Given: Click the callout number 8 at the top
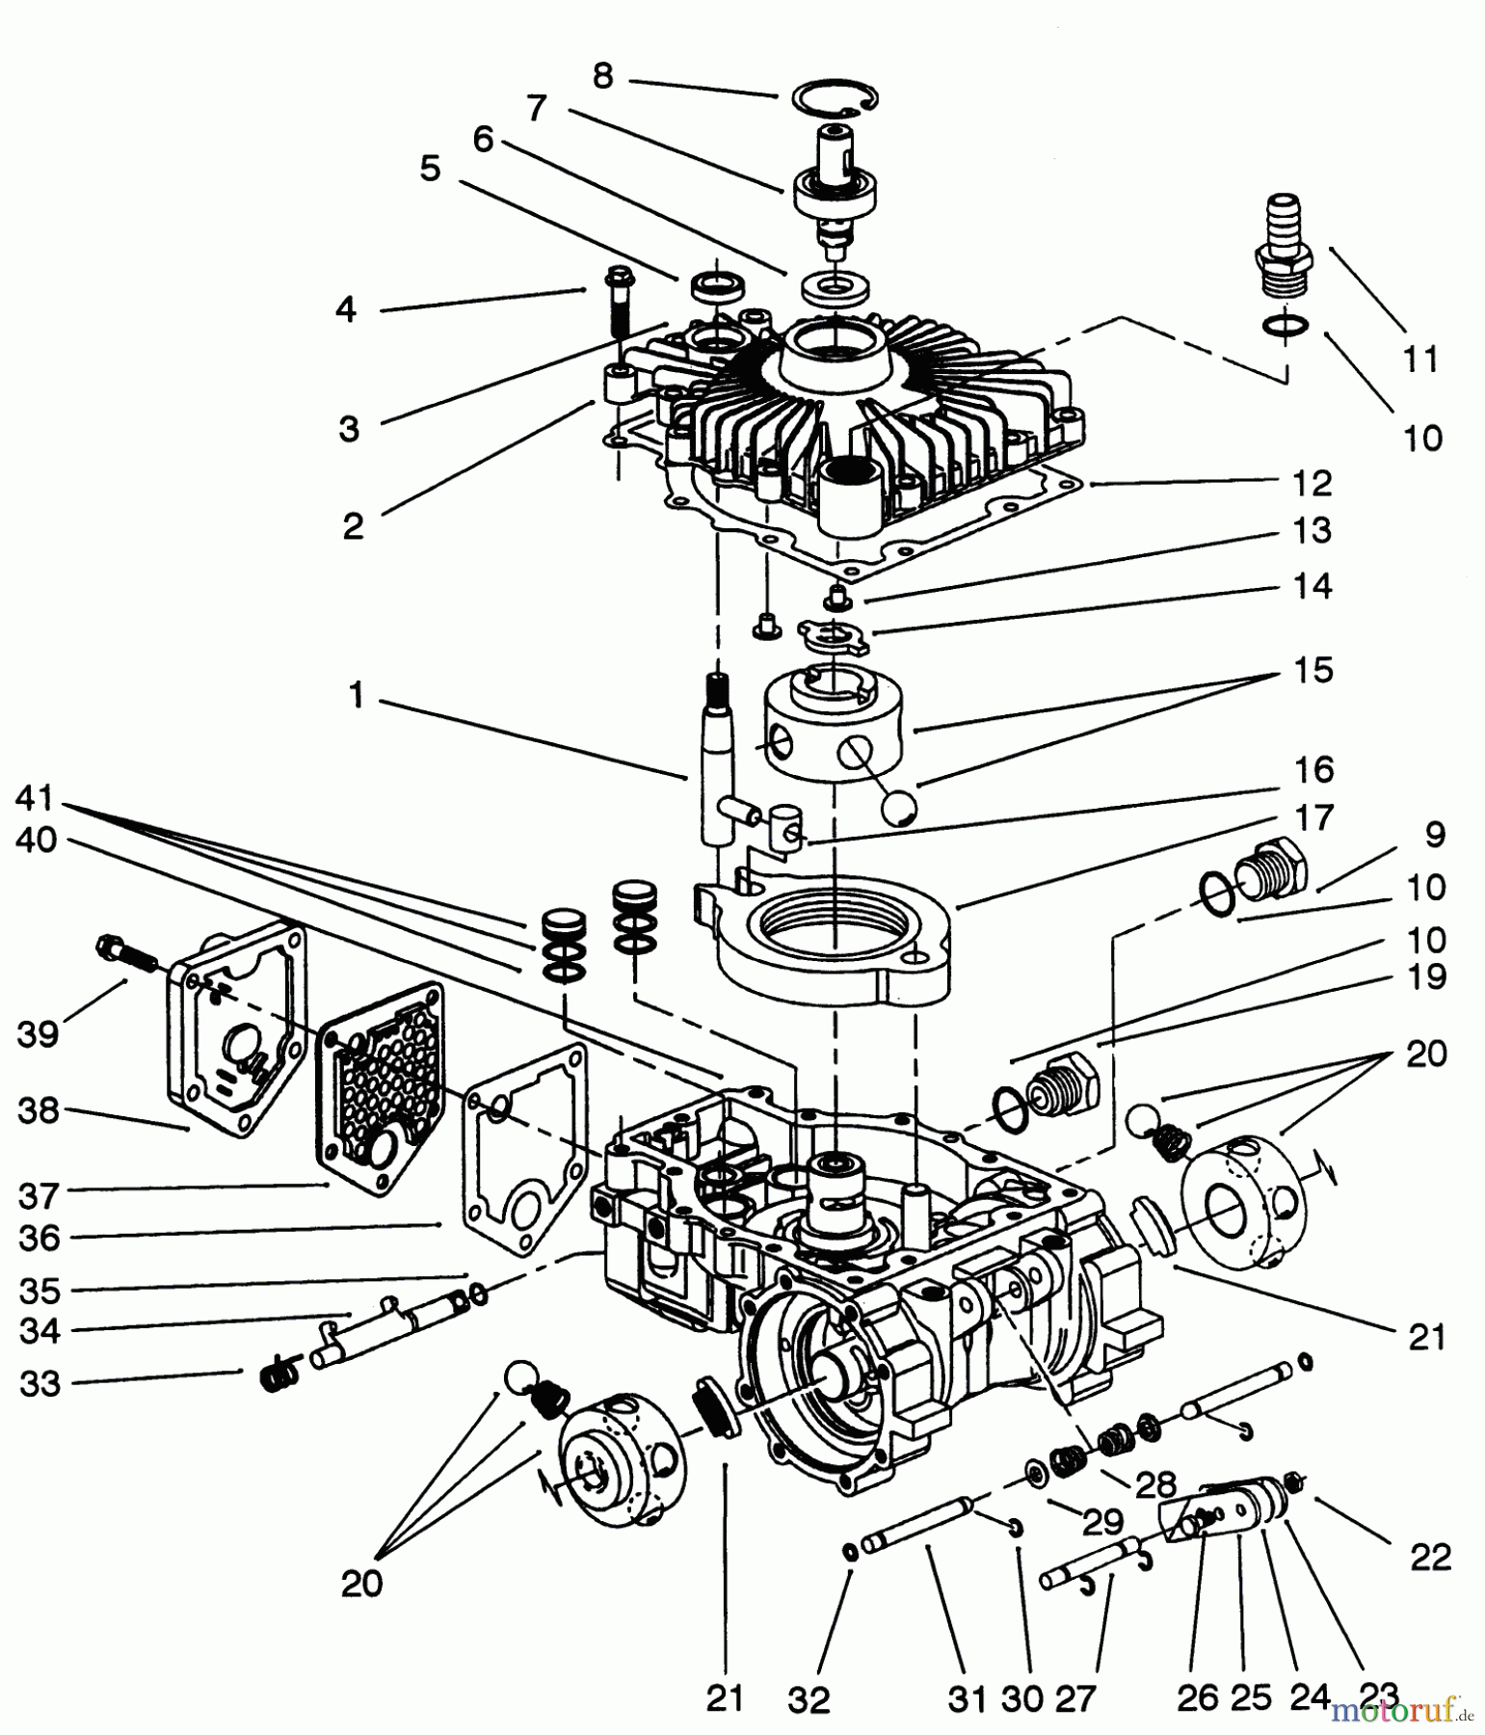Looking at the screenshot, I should tap(603, 76).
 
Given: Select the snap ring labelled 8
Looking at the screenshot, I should tap(835, 99).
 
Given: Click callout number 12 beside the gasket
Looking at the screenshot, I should tap(1312, 483).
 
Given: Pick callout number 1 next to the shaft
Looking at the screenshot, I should tap(357, 695).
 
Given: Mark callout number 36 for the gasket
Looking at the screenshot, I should tap(40, 1238).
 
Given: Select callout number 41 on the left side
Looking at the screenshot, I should tap(35, 798).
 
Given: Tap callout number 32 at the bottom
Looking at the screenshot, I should tap(809, 1700).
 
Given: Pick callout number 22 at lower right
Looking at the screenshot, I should tap(1430, 1556).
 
